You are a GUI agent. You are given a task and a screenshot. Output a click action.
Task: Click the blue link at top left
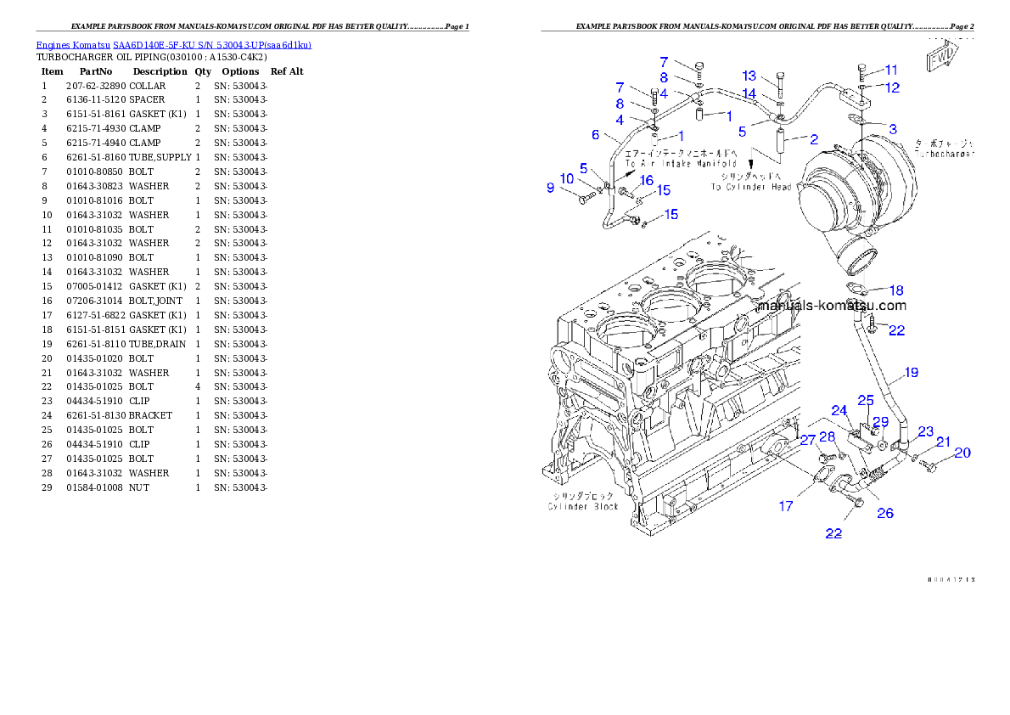click(x=173, y=44)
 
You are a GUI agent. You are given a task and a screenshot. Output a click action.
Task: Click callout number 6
click(x=595, y=134)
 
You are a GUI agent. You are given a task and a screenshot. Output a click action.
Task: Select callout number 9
click(x=550, y=187)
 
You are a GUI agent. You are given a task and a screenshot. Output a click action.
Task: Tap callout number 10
click(x=567, y=178)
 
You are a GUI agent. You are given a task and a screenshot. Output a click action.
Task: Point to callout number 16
click(x=646, y=180)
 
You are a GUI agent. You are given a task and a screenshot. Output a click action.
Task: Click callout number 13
click(x=749, y=76)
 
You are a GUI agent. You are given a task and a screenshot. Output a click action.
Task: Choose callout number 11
click(x=890, y=69)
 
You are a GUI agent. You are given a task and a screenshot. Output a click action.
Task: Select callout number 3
click(x=892, y=128)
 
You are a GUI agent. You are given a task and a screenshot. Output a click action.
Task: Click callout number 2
click(x=814, y=138)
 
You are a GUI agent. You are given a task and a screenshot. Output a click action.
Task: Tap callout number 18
click(x=896, y=290)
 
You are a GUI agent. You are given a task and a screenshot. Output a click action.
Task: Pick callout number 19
click(x=911, y=372)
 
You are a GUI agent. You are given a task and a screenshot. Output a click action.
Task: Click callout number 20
click(x=961, y=453)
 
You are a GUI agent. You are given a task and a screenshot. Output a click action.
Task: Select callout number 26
click(x=884, y=513)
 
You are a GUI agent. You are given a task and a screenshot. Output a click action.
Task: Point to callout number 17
click(x=786, y=506)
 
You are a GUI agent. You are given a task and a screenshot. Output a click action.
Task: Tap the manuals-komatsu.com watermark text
click(x=832, y=306)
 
